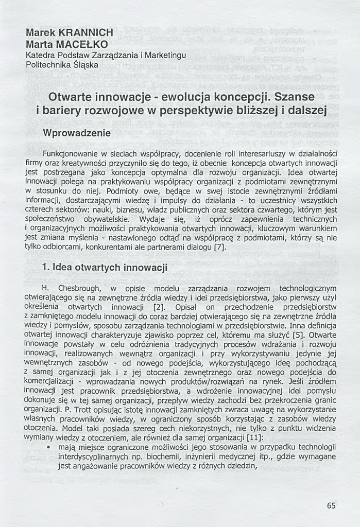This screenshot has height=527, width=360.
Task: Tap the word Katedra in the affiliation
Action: click(x=41, y=55)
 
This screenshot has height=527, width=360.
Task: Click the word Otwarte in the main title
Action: click(x=69, y=97)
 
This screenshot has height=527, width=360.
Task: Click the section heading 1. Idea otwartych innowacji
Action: click(x=105, y=268)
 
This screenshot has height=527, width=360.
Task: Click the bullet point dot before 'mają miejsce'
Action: click(x=48, y=447)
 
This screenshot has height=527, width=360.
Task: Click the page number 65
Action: click(x=331, y=505)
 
